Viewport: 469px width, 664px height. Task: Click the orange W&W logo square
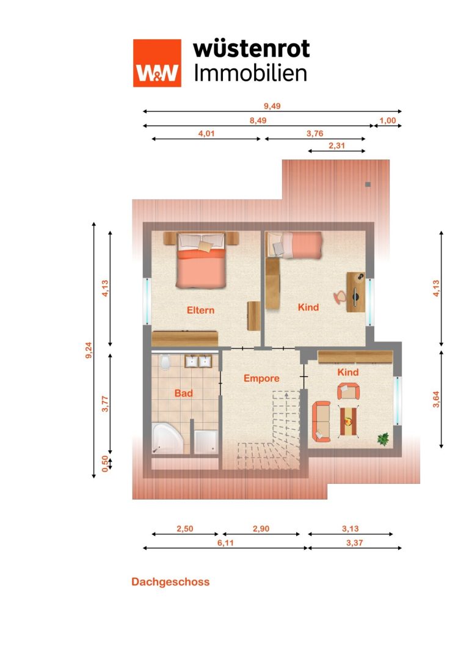[157, 63]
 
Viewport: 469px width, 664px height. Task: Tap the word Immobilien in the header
[250, 73]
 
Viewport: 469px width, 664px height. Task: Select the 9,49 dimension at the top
[272, 106]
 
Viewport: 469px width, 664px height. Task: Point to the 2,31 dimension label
[337, 145]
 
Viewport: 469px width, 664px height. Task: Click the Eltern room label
[201, 310]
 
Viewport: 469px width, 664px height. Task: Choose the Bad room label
[183, 393]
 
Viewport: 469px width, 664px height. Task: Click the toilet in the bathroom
[165, 362]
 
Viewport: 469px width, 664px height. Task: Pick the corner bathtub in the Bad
[167, 438]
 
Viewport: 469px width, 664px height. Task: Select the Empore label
[261, 378]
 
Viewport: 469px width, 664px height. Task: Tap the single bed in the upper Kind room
[294, 245]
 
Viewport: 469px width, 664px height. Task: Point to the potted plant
[384, 439]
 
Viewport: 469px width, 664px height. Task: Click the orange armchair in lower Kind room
[348, 391]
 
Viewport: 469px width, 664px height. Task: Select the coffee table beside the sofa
[348, 421]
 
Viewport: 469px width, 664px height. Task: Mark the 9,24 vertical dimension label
[89, 350]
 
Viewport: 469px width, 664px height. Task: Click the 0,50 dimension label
[105, 463]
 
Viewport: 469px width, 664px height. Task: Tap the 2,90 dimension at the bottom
[261, 528]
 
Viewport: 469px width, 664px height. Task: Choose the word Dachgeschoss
[170, 582]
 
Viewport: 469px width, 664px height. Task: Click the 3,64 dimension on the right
[436, 399]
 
